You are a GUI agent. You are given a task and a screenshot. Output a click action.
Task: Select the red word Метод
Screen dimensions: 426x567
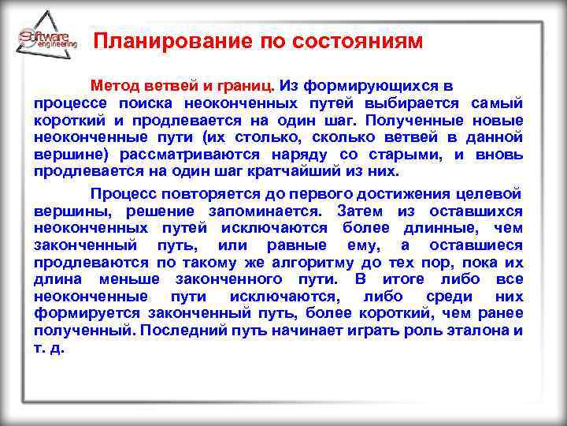pos(115,84)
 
